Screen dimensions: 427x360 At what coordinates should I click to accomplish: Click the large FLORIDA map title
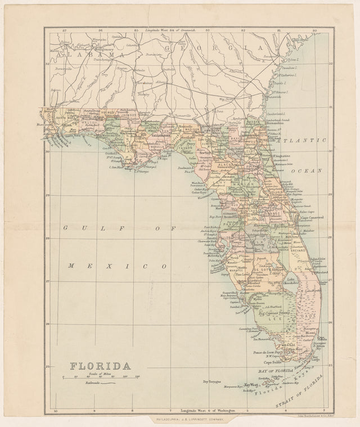[x=101, y=366]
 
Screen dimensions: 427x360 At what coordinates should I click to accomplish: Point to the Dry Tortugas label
[x=211, y=381]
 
